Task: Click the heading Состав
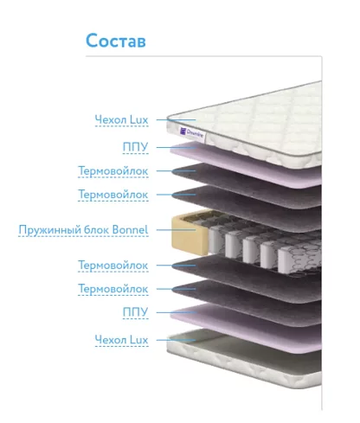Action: click(x=116, y=41)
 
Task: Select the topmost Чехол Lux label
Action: click(x=121, y=119)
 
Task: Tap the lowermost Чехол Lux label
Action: click(x=121, y=340)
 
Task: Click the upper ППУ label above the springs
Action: click(x=135, y=147)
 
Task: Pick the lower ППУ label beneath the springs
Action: click(x=135, y=312)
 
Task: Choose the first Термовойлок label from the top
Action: click(x=113, y=170)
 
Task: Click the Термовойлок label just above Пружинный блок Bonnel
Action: click(x=113, y=195)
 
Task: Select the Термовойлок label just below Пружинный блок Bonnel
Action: click(x=113, y=266)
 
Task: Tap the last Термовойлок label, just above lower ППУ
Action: click(x=113, y=289)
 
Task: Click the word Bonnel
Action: click(x=130, y=230)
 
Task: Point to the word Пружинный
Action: click(x=49, y=230)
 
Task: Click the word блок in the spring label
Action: click(x=97, y=230)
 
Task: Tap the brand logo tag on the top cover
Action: click(x=192, y=133)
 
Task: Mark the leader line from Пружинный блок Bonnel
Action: click(x=177, y=230)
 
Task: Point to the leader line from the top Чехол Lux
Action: click(x=177, y=119)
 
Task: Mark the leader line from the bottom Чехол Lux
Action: click(x=177, y=340)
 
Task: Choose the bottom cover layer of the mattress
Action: click(x=245, y=359)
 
